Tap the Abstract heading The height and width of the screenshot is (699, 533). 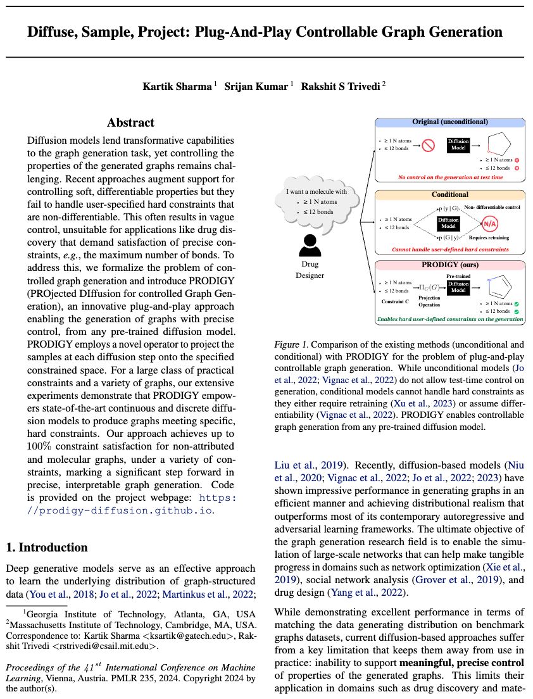click(130, 123)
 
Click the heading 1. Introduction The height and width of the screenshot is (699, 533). click(46, 547)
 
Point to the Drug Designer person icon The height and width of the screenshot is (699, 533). click(310, 244)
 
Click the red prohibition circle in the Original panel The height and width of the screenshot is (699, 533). click(429, 145)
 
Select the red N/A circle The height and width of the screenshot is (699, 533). click(490, 223)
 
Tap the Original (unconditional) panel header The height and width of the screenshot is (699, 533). click(450, 122)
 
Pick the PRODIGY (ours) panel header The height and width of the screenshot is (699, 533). click(450, 265)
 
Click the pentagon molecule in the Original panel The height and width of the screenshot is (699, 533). click(493, 145)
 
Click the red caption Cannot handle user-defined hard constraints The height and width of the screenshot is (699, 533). click(450, 249)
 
